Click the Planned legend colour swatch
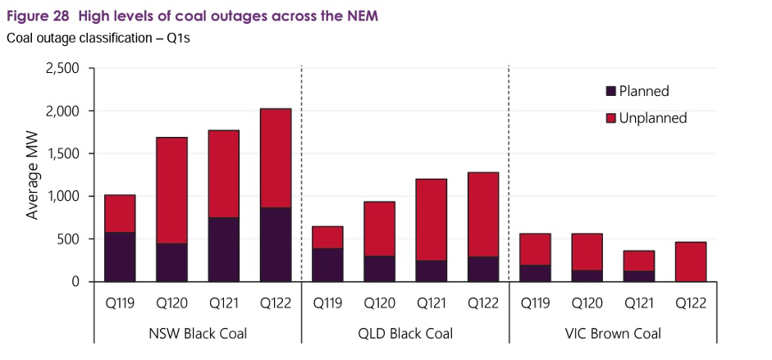(611, 91)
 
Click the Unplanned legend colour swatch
(611, 118)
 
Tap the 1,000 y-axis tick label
(62, 196)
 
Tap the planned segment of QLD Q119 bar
(327, 265)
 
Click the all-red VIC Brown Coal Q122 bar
(690, 262)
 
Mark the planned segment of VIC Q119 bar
(534, 273)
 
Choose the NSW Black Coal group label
(197, 334)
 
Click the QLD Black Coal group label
(404, 334)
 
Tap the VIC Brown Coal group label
(612, 334)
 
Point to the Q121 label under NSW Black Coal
(223, 303)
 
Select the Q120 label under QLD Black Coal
(378, 303)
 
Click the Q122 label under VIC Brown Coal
(690, 303)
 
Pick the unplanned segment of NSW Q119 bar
(119, 213)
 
